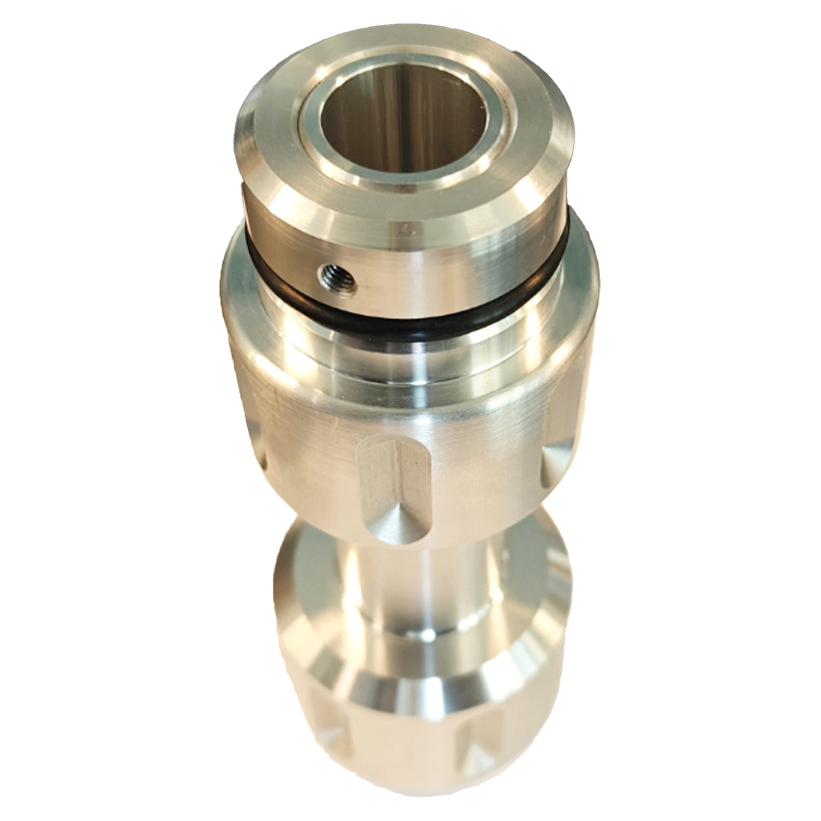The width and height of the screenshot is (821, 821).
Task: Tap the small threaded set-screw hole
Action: pos(333,273)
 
